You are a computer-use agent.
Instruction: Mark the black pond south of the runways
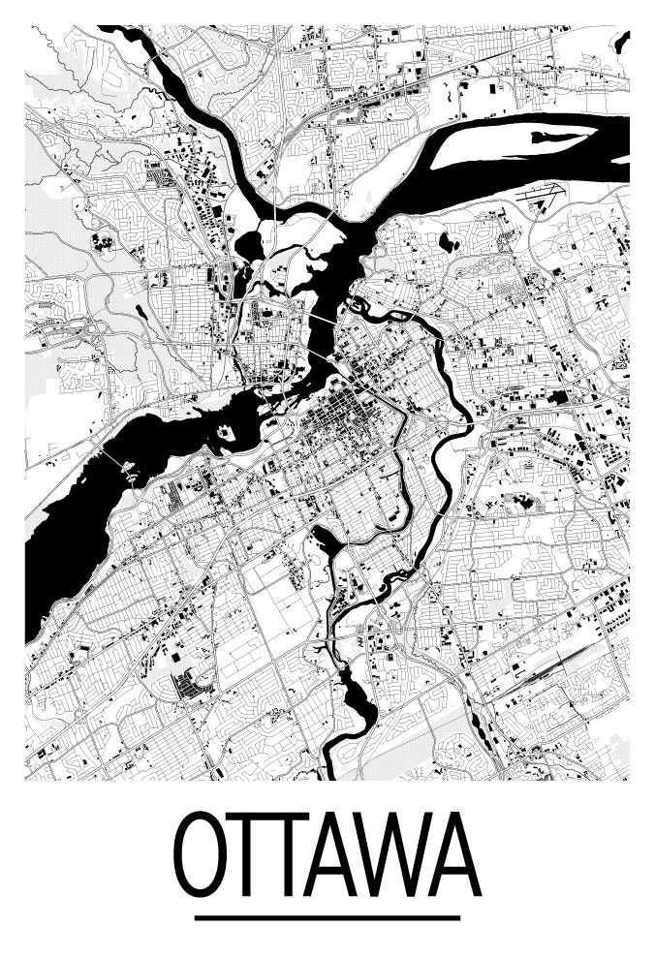(449, 241)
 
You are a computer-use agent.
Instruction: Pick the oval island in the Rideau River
(355, 307)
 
